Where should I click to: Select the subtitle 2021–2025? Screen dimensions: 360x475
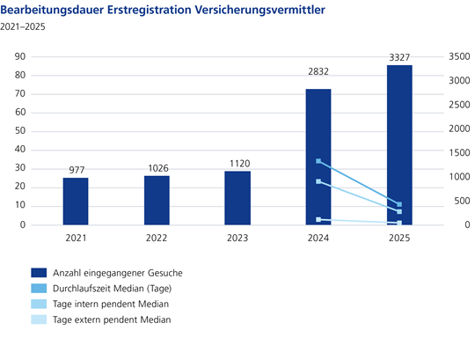23,27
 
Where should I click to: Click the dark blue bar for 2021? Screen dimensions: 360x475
76,202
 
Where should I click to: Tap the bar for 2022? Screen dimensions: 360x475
157,201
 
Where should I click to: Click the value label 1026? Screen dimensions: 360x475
157,168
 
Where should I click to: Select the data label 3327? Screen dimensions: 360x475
398,57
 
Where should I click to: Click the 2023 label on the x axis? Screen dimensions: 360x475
237,238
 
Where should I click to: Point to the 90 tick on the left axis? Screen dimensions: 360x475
17,56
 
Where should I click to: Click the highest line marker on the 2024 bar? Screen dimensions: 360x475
318,162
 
